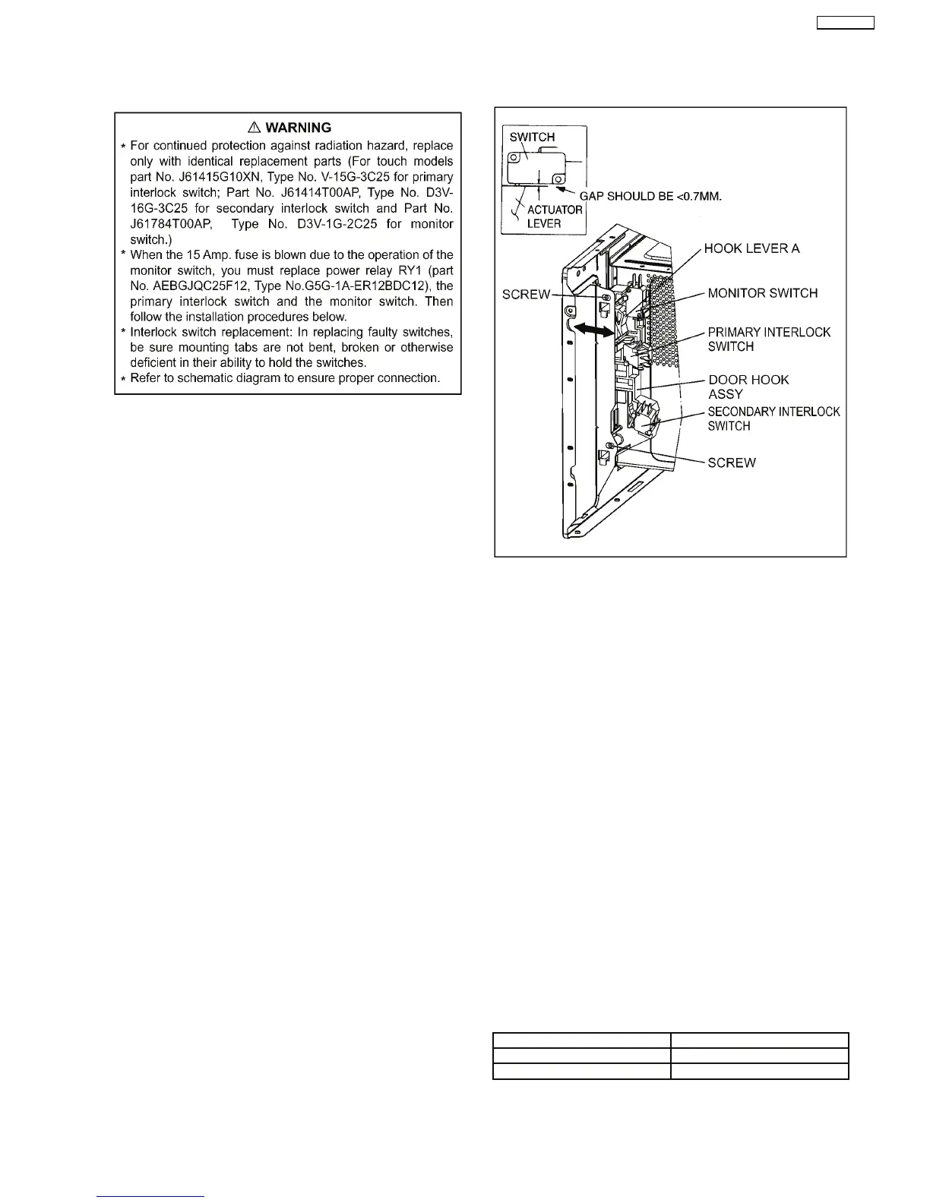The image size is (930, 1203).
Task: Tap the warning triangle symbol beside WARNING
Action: click(x=255, y=128)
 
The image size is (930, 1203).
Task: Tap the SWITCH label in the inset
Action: click(x=532, y=137)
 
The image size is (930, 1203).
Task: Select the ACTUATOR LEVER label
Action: click(x=555, y=216)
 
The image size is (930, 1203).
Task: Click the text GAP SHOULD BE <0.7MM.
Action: click(x=650, y=196)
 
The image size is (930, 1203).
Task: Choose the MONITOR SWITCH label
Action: click(x=763, y=293)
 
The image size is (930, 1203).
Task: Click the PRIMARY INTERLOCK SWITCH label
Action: click(x=768, y=339)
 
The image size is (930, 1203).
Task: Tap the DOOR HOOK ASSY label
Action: click(x=748, y=387)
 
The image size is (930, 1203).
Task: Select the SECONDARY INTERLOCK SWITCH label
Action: click(x=773, y=418)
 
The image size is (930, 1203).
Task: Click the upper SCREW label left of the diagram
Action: click(x=526, y=295)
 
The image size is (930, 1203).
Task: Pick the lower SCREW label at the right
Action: click(x=731, y=463)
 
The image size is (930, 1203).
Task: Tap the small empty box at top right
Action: click(x=845, y=23)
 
